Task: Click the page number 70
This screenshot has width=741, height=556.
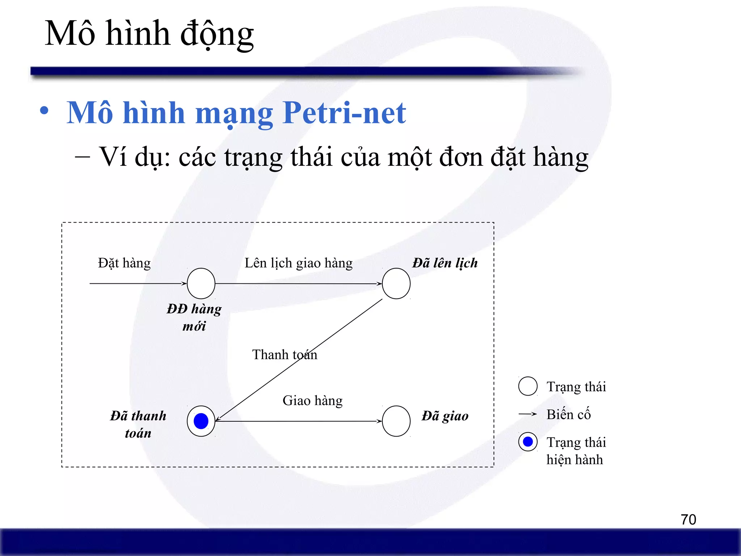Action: (x=688, y=520)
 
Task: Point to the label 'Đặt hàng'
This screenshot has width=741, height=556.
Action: (x=124, y=263)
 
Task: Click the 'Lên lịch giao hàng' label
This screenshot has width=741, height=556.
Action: (x=298, y=263)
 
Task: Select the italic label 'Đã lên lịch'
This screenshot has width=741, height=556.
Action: (x=445, y=263)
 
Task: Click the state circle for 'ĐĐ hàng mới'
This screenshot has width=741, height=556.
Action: (x=201, y=283)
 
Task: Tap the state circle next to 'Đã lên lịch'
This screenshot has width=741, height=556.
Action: (x=396, y=283)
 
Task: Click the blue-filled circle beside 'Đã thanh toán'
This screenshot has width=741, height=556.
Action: (x=201, y=421)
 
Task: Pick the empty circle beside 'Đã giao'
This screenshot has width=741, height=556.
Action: (x=396, y=421)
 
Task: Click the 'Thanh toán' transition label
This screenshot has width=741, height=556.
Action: (x=284, y=355)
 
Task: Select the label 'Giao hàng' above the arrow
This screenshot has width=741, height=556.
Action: (x=313, y=401)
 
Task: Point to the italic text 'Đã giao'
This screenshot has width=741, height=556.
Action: (x=445, y=416)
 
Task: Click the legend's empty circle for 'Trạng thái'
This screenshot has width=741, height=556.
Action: (x=528, y=386)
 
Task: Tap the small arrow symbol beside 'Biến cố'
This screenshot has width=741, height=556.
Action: (x=528, y=414)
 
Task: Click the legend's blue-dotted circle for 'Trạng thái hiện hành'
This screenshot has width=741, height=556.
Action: (x=528, y=442)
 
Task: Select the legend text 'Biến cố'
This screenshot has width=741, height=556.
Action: (x=568, y=414)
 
